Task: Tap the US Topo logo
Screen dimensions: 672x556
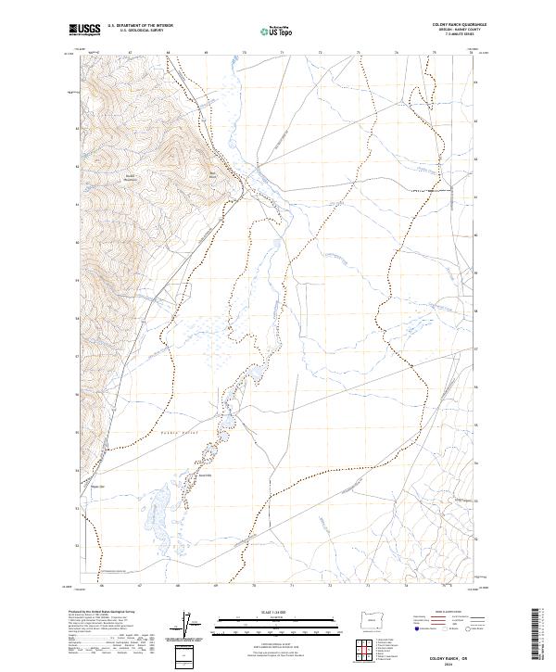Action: tap(270, 31)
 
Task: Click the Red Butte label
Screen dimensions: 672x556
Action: tap(211, 173)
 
